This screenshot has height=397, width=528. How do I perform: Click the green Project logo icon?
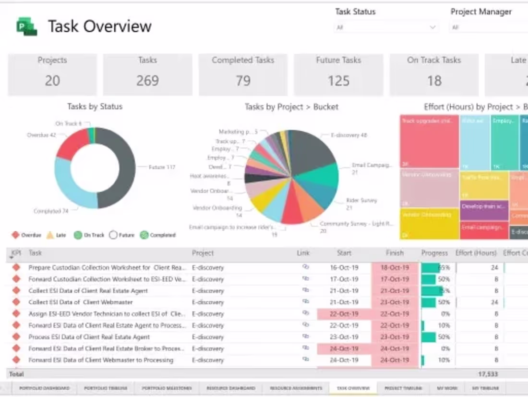tap(26, 26)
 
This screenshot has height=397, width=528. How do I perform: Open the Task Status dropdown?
tap(386, 27)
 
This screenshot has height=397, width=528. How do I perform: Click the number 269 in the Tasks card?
tap(147, 81)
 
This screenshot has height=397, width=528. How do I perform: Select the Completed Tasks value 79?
tap(243, 81)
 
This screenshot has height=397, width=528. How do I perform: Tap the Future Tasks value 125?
tap(338, 81)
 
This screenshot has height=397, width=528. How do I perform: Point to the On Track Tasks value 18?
tap(434, 81)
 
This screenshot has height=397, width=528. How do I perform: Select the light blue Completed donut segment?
tap(67, 187)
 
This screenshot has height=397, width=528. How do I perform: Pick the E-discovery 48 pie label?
tap(349, 136)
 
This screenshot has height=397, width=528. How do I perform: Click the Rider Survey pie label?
tap(361, 200)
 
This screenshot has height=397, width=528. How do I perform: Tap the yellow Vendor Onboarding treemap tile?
tap(429, 223)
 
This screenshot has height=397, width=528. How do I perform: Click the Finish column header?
tap(395, 253)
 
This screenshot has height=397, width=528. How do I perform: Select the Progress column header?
tap(434, 253)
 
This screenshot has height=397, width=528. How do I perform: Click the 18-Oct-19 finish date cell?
tap(395, 268)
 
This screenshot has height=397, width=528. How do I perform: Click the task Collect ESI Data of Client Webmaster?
tap(81, 302)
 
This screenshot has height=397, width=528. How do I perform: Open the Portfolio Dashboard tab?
tap(44, 388)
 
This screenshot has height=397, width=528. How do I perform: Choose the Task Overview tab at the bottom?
tap(353, 388)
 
